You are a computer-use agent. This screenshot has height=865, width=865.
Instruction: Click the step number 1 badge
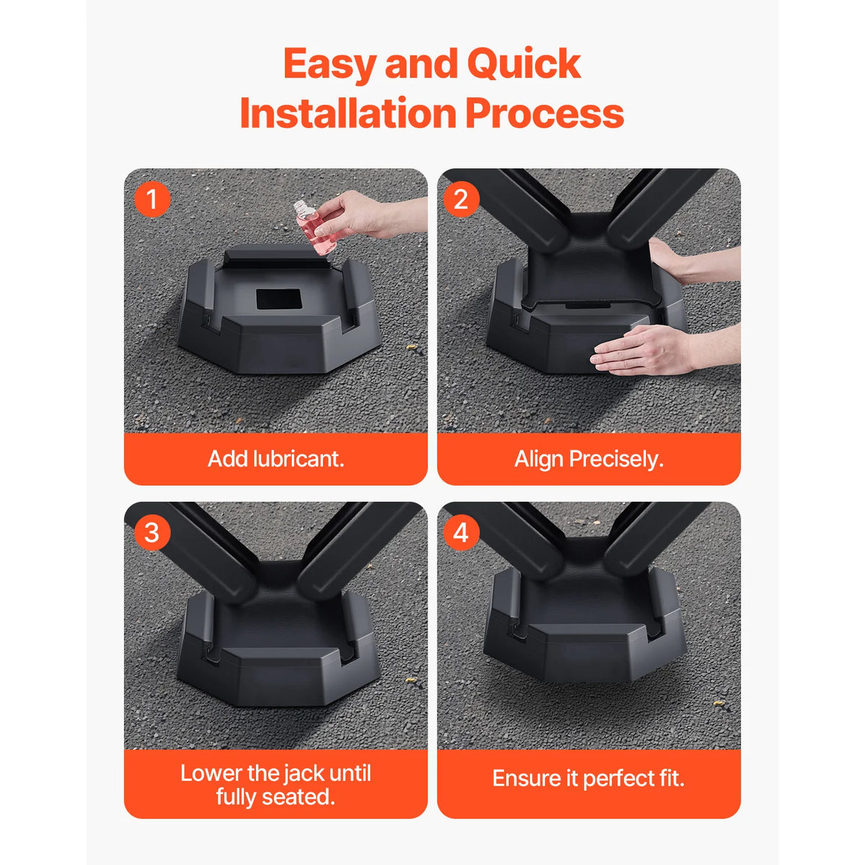[x=152, y=199]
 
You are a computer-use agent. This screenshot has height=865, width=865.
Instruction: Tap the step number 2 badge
[x=461, y=199]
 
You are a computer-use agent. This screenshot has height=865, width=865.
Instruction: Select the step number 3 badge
[x=152, y=533]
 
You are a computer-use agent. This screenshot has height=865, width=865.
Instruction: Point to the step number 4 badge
[x=461, y=533]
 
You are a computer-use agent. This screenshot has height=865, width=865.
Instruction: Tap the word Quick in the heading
[x=523, y=64]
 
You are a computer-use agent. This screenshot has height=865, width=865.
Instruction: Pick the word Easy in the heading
[x=330, y=64]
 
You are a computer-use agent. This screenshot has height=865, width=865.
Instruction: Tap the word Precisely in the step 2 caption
[x=616, y=459]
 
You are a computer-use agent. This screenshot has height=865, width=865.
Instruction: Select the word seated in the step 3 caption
[x=301, y=797]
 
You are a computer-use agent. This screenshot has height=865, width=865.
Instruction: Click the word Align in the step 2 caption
[x=539, y=459]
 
